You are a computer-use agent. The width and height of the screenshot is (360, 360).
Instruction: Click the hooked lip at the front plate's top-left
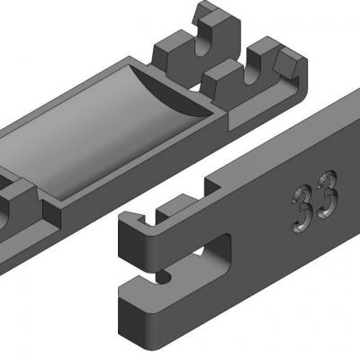(x=134, y=222)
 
